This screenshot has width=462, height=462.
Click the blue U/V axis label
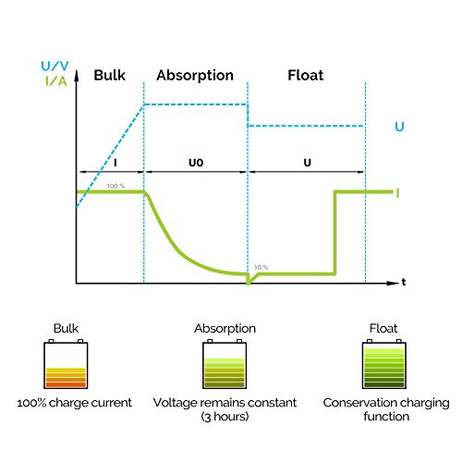click(55, 66)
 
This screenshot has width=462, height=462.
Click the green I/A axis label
click(55, 81)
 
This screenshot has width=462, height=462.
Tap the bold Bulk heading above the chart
click(109, 75)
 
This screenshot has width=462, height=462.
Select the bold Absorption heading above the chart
click(195, 76)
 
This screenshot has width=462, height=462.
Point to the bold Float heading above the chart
click(306, 75)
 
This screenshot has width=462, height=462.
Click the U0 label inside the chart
click(196, 163)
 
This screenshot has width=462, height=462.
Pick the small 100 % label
click(115, 186)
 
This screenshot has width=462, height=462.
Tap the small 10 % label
click(261, 267)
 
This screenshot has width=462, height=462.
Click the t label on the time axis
click(404, 282)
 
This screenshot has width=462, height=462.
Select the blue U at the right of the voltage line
click(399, 127)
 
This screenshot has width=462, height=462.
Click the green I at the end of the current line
click(397, 193)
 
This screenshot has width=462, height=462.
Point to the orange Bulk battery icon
click(66, 364)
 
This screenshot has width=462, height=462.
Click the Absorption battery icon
click(225, 364)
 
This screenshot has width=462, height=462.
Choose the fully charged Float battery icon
click(384, 364)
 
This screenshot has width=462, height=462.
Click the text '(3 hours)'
click(225, 417)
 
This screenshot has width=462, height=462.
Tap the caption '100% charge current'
click(75, 403)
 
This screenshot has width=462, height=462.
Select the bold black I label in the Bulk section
click(115, 163)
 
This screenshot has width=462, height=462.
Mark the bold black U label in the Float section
click(308, 163)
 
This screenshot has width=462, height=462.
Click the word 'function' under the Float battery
click(386, 417)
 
